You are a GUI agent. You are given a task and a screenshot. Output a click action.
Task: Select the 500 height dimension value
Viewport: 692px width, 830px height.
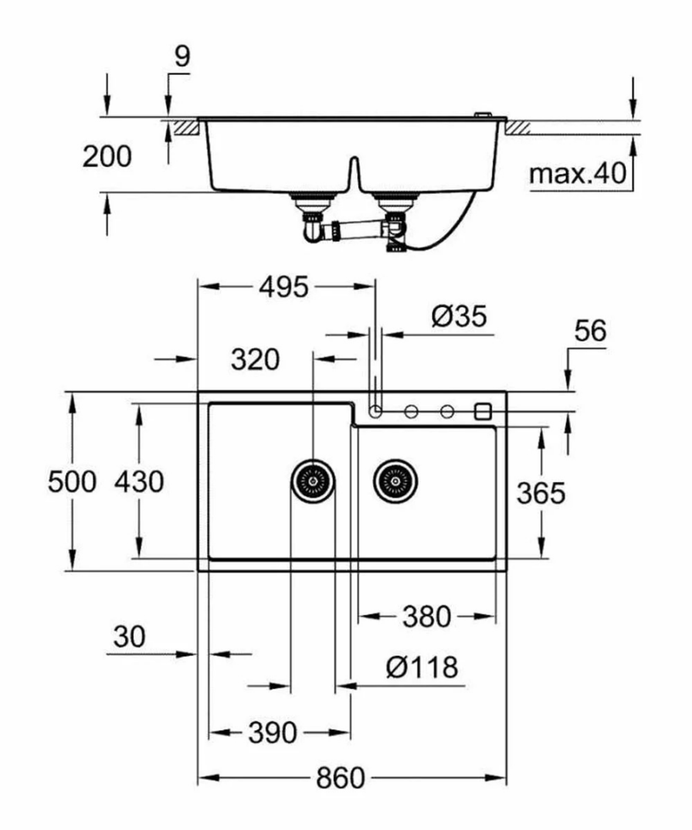72,482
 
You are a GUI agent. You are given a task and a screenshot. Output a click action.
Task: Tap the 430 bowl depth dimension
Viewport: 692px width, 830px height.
139,482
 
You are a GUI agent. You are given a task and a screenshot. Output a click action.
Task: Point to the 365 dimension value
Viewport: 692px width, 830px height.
541,492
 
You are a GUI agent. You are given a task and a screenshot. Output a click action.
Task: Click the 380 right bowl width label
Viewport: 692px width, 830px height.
426,617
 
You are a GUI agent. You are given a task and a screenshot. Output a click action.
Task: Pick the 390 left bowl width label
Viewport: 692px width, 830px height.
273,732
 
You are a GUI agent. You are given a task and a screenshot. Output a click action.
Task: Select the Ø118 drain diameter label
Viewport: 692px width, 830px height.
421,667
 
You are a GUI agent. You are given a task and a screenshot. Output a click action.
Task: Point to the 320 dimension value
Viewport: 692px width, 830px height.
254,359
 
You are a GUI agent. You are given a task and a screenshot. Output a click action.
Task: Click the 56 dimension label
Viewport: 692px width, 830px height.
590,331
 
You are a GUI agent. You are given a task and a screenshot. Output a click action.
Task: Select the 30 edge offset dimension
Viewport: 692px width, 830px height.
130,638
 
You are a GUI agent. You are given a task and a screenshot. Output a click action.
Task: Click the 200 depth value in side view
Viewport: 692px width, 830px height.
107,157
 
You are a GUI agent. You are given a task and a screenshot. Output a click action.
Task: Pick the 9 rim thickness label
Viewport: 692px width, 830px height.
181,57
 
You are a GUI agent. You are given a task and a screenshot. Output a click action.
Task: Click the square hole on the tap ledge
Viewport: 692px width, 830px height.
483,410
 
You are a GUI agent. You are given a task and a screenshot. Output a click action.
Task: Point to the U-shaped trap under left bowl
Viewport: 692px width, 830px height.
312,230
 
